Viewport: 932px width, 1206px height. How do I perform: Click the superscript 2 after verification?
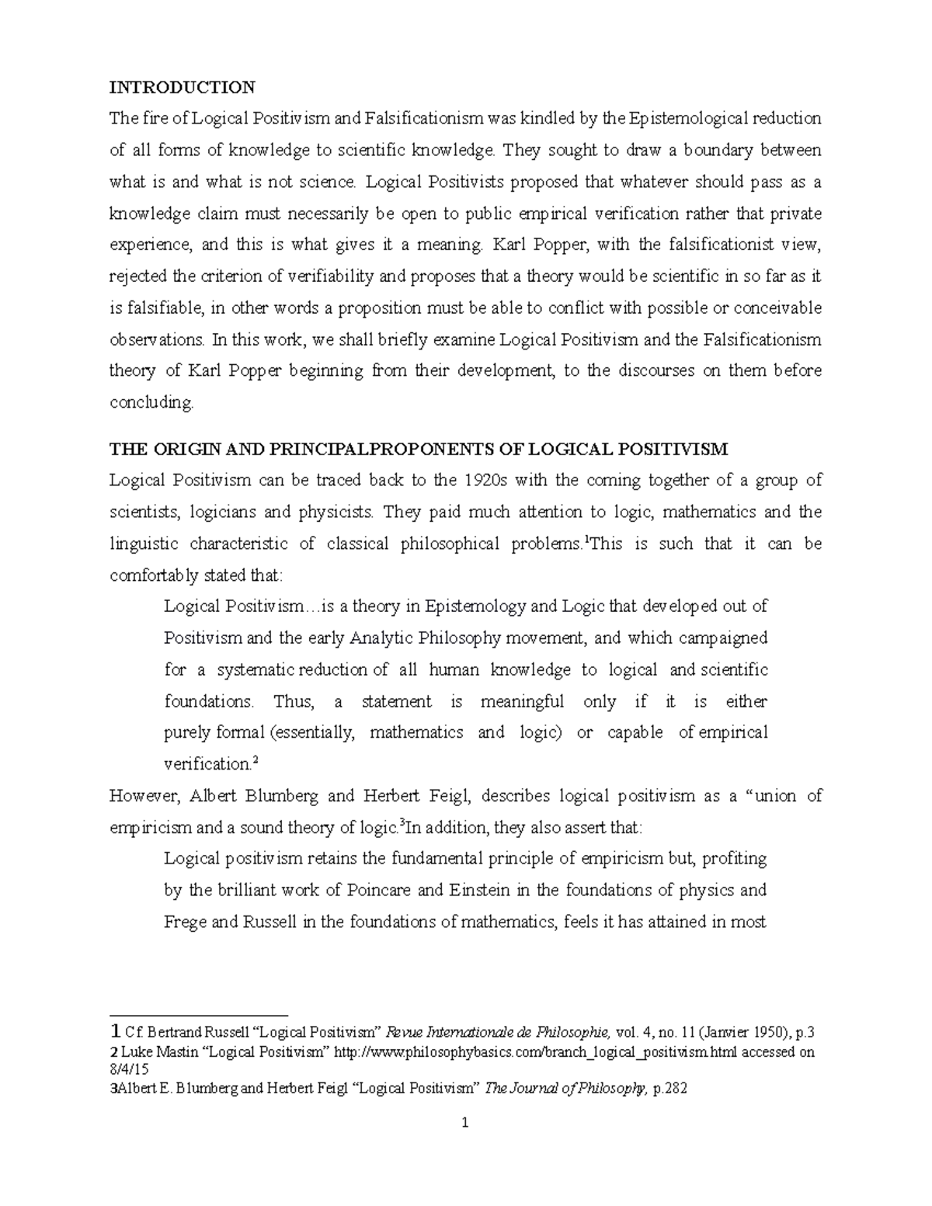point(256,761)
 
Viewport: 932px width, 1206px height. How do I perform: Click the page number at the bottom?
point(464,1123)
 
